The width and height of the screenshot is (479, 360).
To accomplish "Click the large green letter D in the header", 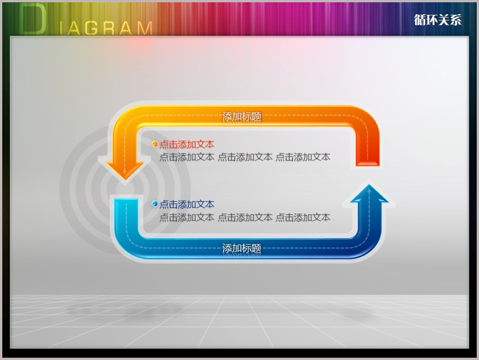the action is [x=33, y=19].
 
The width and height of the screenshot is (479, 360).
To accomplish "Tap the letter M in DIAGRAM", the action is [x=145, y=29].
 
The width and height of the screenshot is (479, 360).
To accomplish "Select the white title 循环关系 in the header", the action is [x=437, y=20].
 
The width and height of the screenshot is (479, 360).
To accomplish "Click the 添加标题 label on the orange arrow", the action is [x=242, y=117].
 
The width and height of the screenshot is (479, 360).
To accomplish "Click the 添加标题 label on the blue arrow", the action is [x=242, y=248].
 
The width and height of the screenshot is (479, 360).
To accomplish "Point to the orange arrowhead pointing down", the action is [x=125, y=170].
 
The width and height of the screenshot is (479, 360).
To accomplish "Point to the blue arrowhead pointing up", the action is [x=369, y=193].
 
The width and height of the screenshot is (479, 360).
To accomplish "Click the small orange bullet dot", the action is [x=155, y=144].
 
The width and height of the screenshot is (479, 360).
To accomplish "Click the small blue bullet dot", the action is [x=155, y=203].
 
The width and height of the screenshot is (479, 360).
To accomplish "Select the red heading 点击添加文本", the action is [x=187, y=145].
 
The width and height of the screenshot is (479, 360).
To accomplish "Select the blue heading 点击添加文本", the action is [x=187, y=204].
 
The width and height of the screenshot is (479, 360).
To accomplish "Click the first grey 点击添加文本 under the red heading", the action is [x=187, y=157].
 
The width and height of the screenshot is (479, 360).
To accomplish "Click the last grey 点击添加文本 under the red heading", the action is [x=303, y=157].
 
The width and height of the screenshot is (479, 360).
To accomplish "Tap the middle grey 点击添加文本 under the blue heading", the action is [x=245, y=217].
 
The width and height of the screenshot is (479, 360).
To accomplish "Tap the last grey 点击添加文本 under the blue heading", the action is [x=303, y=217].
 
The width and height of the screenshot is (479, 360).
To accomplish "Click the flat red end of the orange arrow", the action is [x=368, y=162].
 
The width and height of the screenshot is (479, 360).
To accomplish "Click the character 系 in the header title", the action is [x=456, y=20].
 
